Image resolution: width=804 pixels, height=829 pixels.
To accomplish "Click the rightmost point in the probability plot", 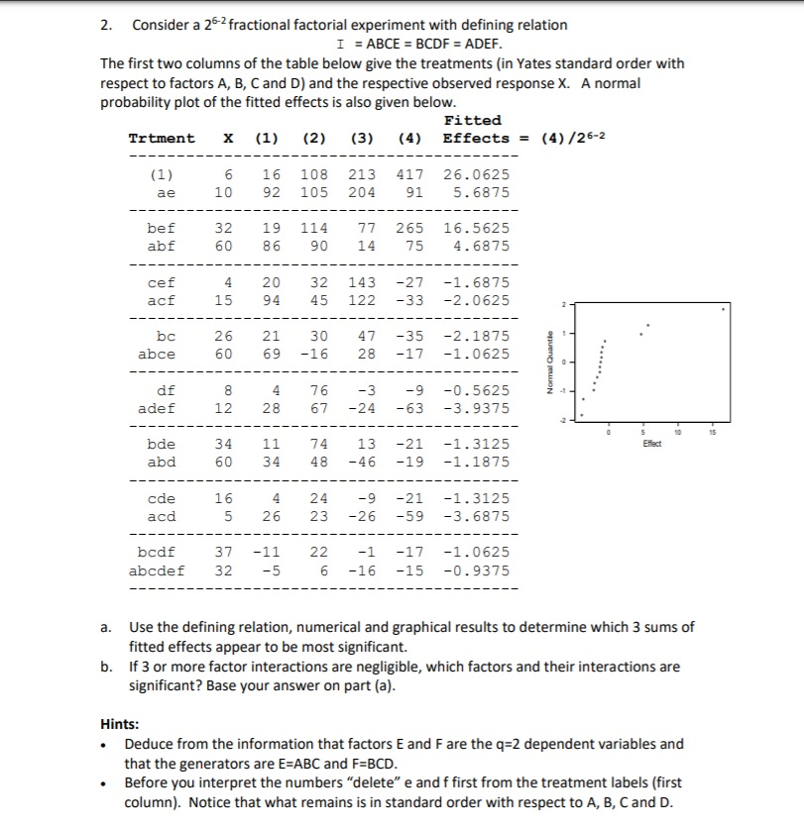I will coord(723,309).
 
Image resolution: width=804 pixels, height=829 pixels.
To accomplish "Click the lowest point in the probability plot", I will coord(582,415).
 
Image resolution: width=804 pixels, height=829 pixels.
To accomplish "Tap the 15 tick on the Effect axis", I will coord(713,433).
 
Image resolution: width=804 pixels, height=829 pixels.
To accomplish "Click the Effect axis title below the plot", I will coord(652,444).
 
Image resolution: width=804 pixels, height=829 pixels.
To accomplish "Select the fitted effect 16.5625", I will coord(476,228).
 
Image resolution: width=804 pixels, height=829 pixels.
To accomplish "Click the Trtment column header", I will coord(162,138).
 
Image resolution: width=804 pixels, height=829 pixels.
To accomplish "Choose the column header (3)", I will coord(361,138).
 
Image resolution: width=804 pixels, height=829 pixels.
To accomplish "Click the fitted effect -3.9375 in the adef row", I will coord(476,407).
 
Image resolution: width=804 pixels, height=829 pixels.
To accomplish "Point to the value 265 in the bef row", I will coord(410,228).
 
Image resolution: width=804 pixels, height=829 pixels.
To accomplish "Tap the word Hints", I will coord(123,723).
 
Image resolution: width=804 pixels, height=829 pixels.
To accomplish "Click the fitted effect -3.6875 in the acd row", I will coord(476,516).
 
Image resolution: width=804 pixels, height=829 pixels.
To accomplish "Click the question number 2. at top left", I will coord(106,25).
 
